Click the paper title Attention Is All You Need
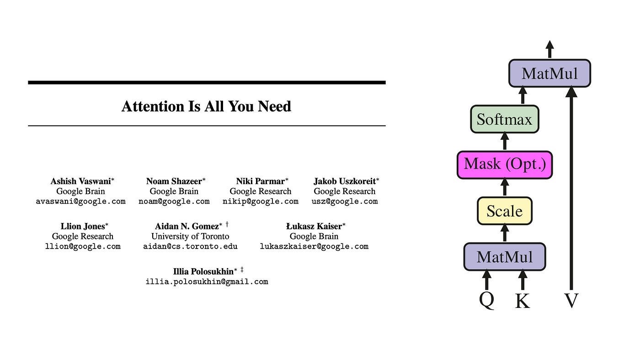pos(206,106)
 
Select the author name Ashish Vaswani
pos(80,181)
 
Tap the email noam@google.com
pos(174,201)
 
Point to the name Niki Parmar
pos(261,181)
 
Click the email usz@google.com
pos(345,201)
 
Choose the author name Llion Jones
pos(83,226)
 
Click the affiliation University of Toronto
pos(190,236)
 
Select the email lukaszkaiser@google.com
pos(314,246)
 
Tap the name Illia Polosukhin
pos(203,271)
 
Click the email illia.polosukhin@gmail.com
pos(207,281)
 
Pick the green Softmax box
pos(505,119)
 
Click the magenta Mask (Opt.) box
pos(505,164)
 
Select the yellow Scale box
pos(505,211)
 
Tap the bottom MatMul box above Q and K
pos(505,257)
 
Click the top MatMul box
pos(550,73)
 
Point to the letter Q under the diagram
pos(487,301)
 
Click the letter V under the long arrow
pos(571,301)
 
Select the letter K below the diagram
pos(523,301)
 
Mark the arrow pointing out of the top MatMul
pos(550,48)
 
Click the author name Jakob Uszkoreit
pos(345,181)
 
